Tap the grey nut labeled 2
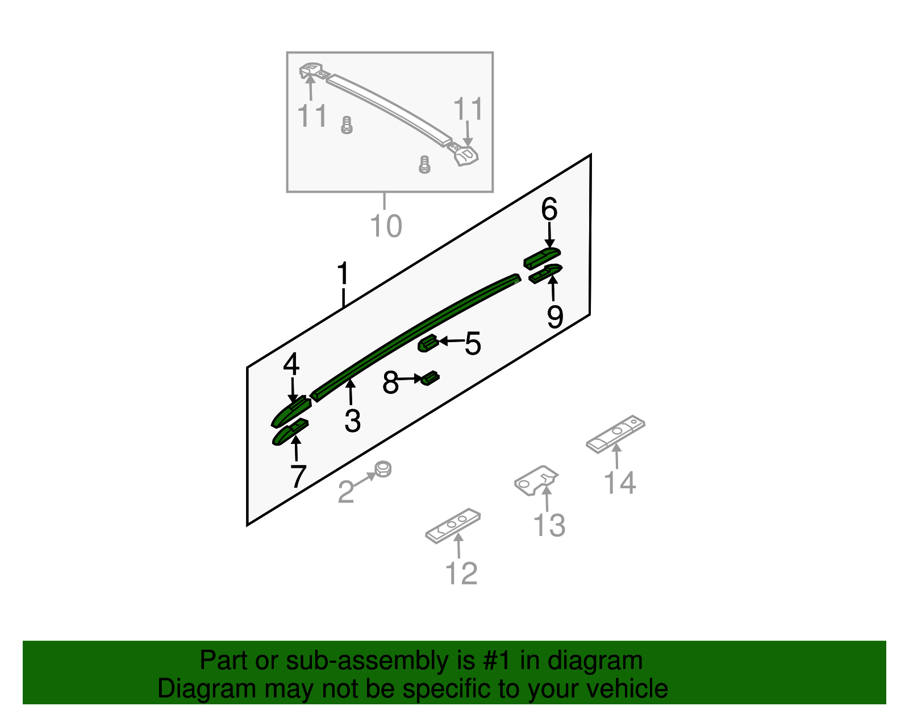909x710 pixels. [x=383, y=469]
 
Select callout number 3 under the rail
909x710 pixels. [x=353, y=421]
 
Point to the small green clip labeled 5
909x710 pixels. [x=427, y=343]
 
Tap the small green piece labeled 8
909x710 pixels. [x=430, y=377]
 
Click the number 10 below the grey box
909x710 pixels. [x=386, y=226]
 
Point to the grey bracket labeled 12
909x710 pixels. [x=453, y=525]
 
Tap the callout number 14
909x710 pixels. [x=620, y=483]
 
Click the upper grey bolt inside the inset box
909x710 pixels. [x=347, y=125]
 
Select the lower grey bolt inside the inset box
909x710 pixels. [x=424, y=164]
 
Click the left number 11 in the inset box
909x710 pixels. [x=312, y=117]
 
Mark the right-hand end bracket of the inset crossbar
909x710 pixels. [x=466, y=155]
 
